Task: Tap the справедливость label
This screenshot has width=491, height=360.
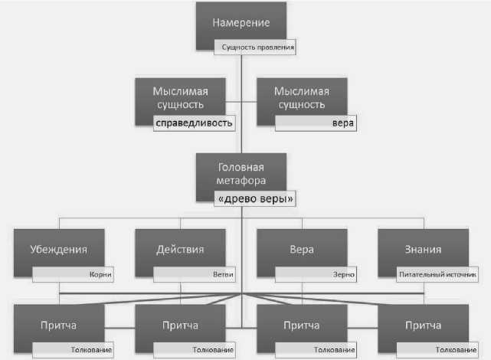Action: [x=193, y=122]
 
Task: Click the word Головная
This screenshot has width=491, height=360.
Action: [x=241, y=168]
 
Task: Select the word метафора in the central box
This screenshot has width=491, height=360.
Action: [x=241, y=181]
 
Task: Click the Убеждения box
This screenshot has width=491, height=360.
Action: [x=59, y=249]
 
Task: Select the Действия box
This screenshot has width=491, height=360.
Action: [x=181, y=249]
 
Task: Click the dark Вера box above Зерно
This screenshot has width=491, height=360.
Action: [x=302, y=249]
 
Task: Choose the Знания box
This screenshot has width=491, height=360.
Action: [x=423, y=249]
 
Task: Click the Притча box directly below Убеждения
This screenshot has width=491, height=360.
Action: [x=59, y=325]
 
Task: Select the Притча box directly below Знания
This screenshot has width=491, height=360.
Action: [x=423, y=325]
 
